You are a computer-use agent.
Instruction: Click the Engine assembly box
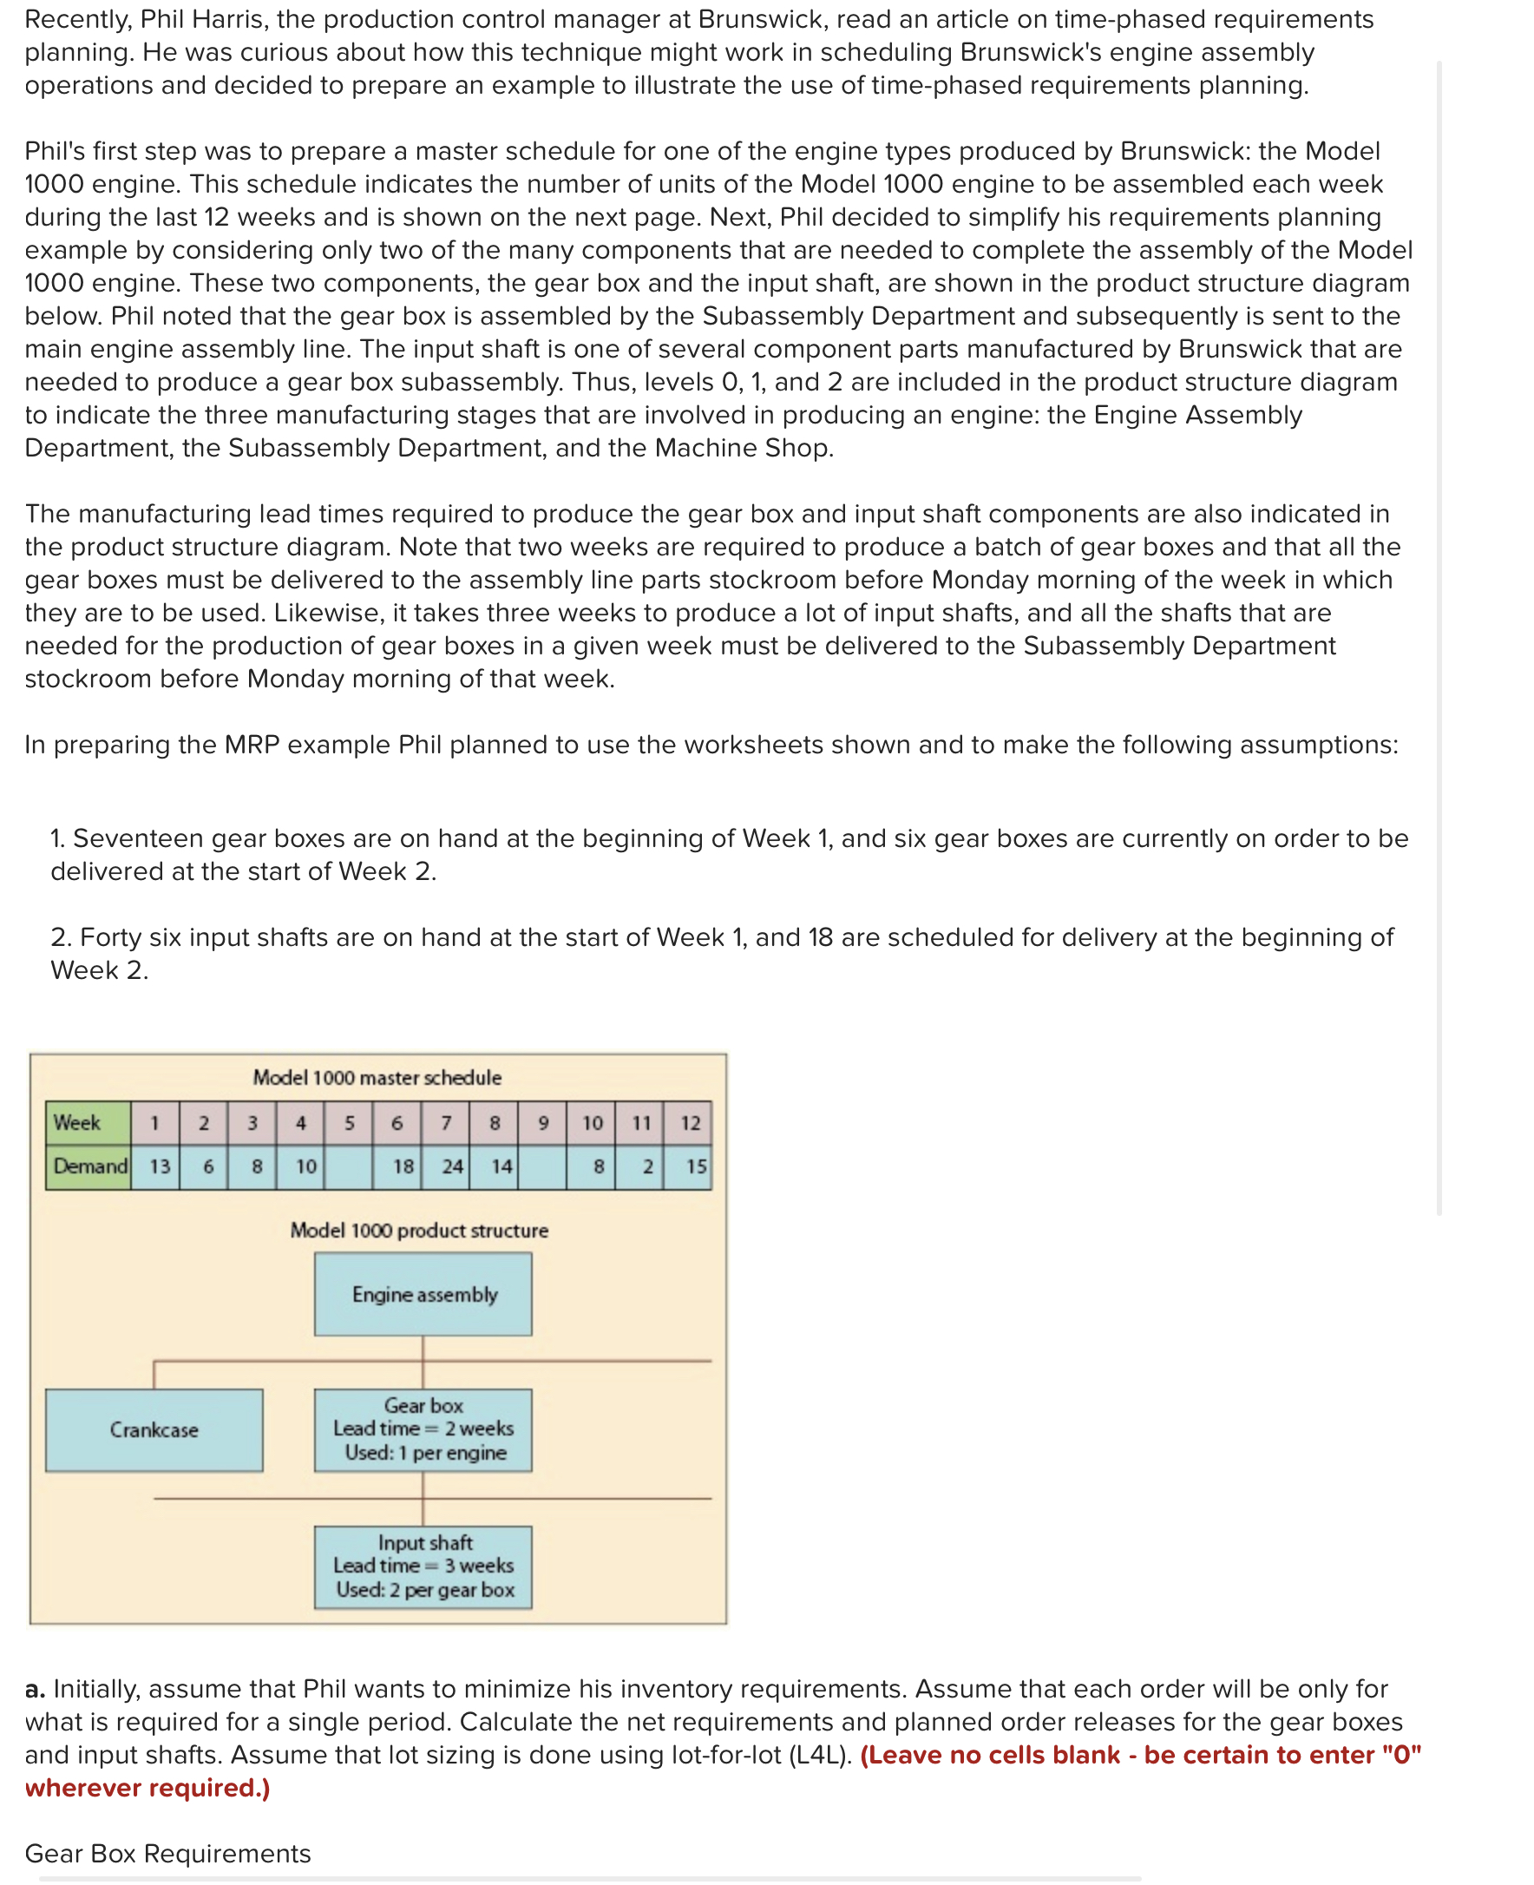(x=423, y=1294)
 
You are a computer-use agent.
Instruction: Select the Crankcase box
(x=154, y=1429)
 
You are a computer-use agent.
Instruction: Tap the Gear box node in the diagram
(x=423, y=1429)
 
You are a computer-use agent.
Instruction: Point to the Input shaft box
(x=423, y=1566)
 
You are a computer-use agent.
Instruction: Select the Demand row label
(x=89, y=1166)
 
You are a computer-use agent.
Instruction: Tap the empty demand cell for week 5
(x=348, y=1166)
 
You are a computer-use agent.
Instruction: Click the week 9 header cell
(x=543, y=1122)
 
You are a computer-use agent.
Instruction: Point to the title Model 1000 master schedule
(x=377, y=1077)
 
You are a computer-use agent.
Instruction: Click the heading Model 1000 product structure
(x=419, y=1230)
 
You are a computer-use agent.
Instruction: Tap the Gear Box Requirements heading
(x=168, y=1853)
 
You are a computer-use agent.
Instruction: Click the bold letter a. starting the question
(x=35, y=1689)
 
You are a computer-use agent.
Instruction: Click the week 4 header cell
(x=300, y=1122)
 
